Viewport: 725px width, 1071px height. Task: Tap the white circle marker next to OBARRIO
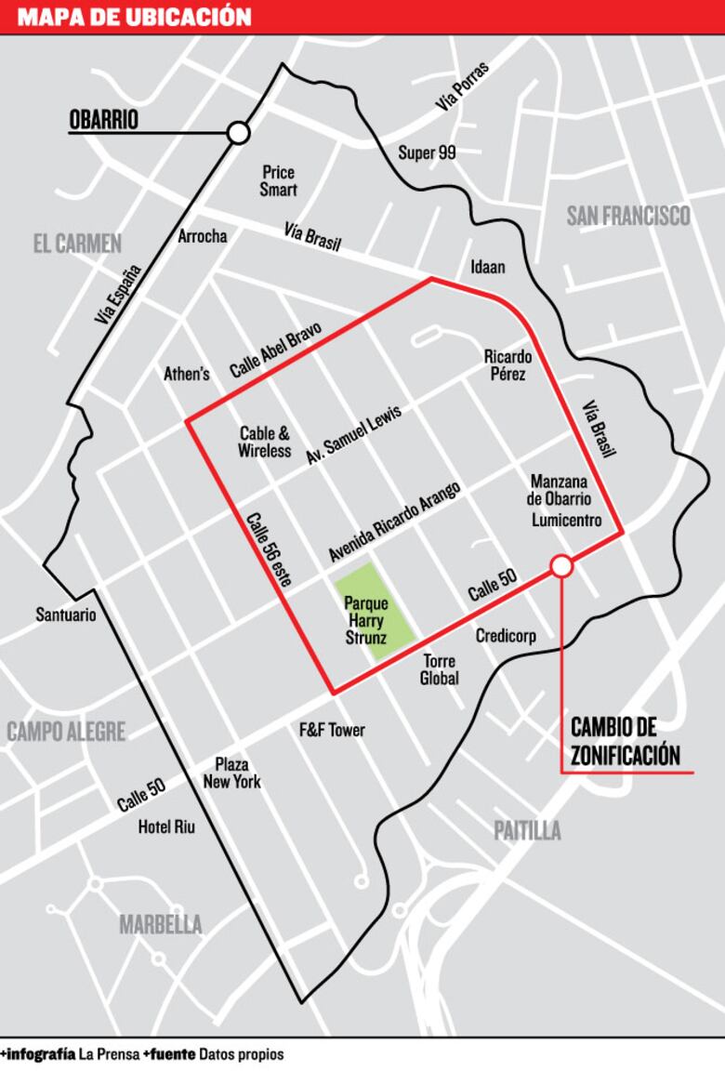click(239, 133)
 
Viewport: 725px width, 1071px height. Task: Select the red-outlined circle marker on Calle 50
click(561, 565)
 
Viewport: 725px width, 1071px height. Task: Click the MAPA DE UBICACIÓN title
click(134, 17)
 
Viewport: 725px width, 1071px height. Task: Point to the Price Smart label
click(278, 180)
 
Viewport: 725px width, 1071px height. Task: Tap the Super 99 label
click(427, 152)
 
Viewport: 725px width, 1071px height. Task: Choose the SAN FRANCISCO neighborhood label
click(628, 216)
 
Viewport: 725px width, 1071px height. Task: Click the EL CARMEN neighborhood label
click(77, 244)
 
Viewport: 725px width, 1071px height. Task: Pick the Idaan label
click(488, 267)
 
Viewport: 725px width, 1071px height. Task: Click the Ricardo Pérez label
click(507, 364)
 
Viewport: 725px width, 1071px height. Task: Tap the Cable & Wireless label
click(265, 442)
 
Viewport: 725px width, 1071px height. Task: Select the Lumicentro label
click(567, 520)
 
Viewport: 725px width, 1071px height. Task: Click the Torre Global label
click(440, 669)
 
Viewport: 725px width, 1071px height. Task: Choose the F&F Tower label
click(331, 730)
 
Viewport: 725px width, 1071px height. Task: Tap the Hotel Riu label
click(166, 827)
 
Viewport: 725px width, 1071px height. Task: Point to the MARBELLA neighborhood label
click(160, 924)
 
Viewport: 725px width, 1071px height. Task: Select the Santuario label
click(66, 615)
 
